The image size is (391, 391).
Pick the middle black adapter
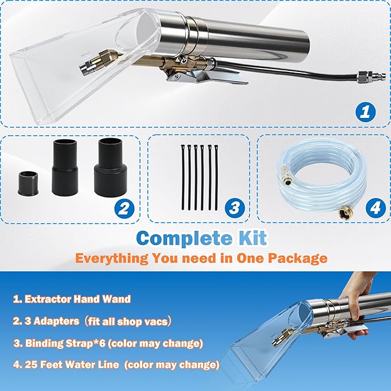(67, 166)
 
